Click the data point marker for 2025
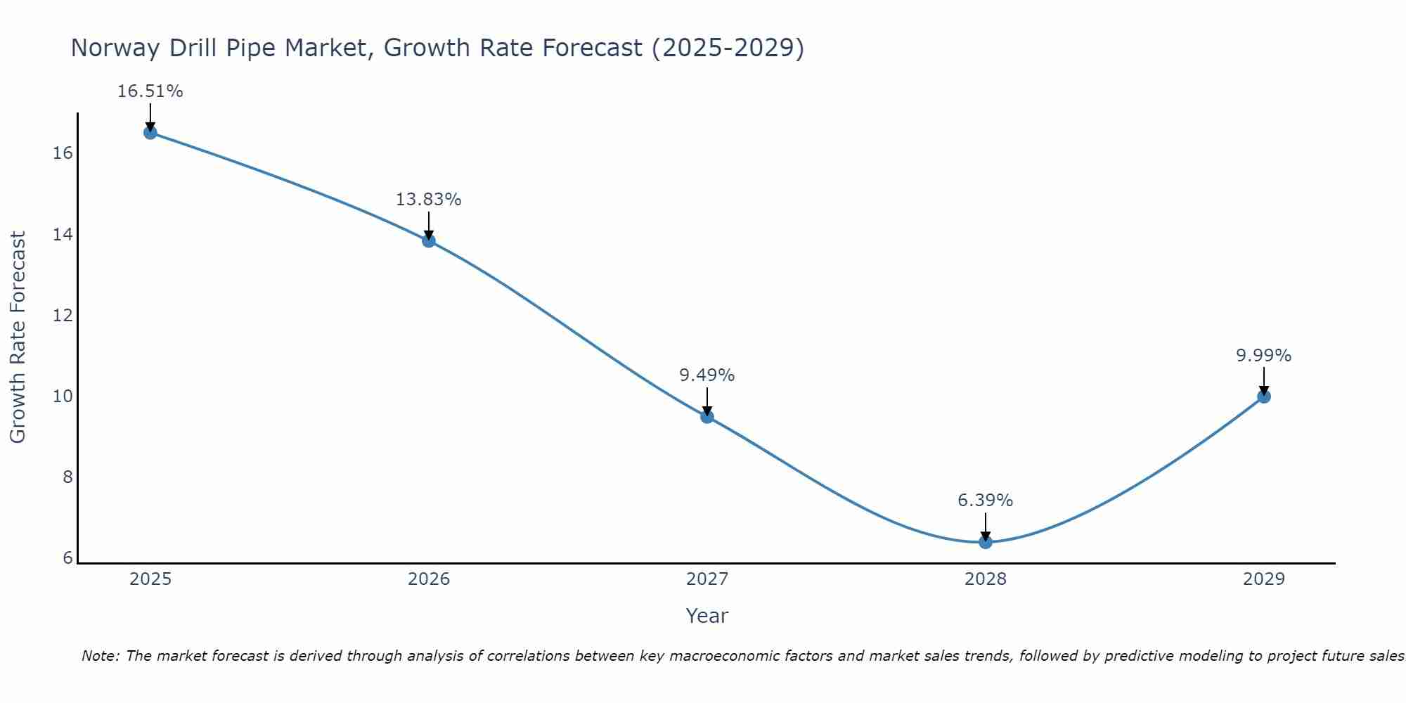click(150, 132)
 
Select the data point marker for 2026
click(429, 240)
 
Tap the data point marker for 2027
click(707, 416)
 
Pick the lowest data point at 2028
click(986, 541)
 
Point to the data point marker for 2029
click(1264, 396)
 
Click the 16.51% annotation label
click(150, 91)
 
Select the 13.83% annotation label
click(428, 200)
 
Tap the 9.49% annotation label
click(707, 375)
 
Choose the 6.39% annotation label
click(985, 501)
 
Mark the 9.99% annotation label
click(1263, 356)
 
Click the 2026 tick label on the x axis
click(429, 579)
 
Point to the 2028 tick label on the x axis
click(986, 579)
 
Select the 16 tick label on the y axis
click(63, 153)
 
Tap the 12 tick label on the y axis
click(63, 315)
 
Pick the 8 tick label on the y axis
click(67, 477)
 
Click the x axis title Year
click(707, 616)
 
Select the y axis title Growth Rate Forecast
click(18, 337)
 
